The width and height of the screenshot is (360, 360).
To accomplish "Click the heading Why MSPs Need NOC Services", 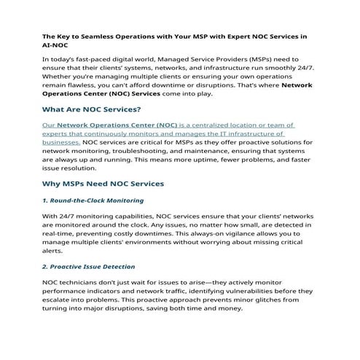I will click(x=103, y=183).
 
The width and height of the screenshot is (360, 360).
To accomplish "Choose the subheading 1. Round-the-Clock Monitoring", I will click(x=93, y=200).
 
